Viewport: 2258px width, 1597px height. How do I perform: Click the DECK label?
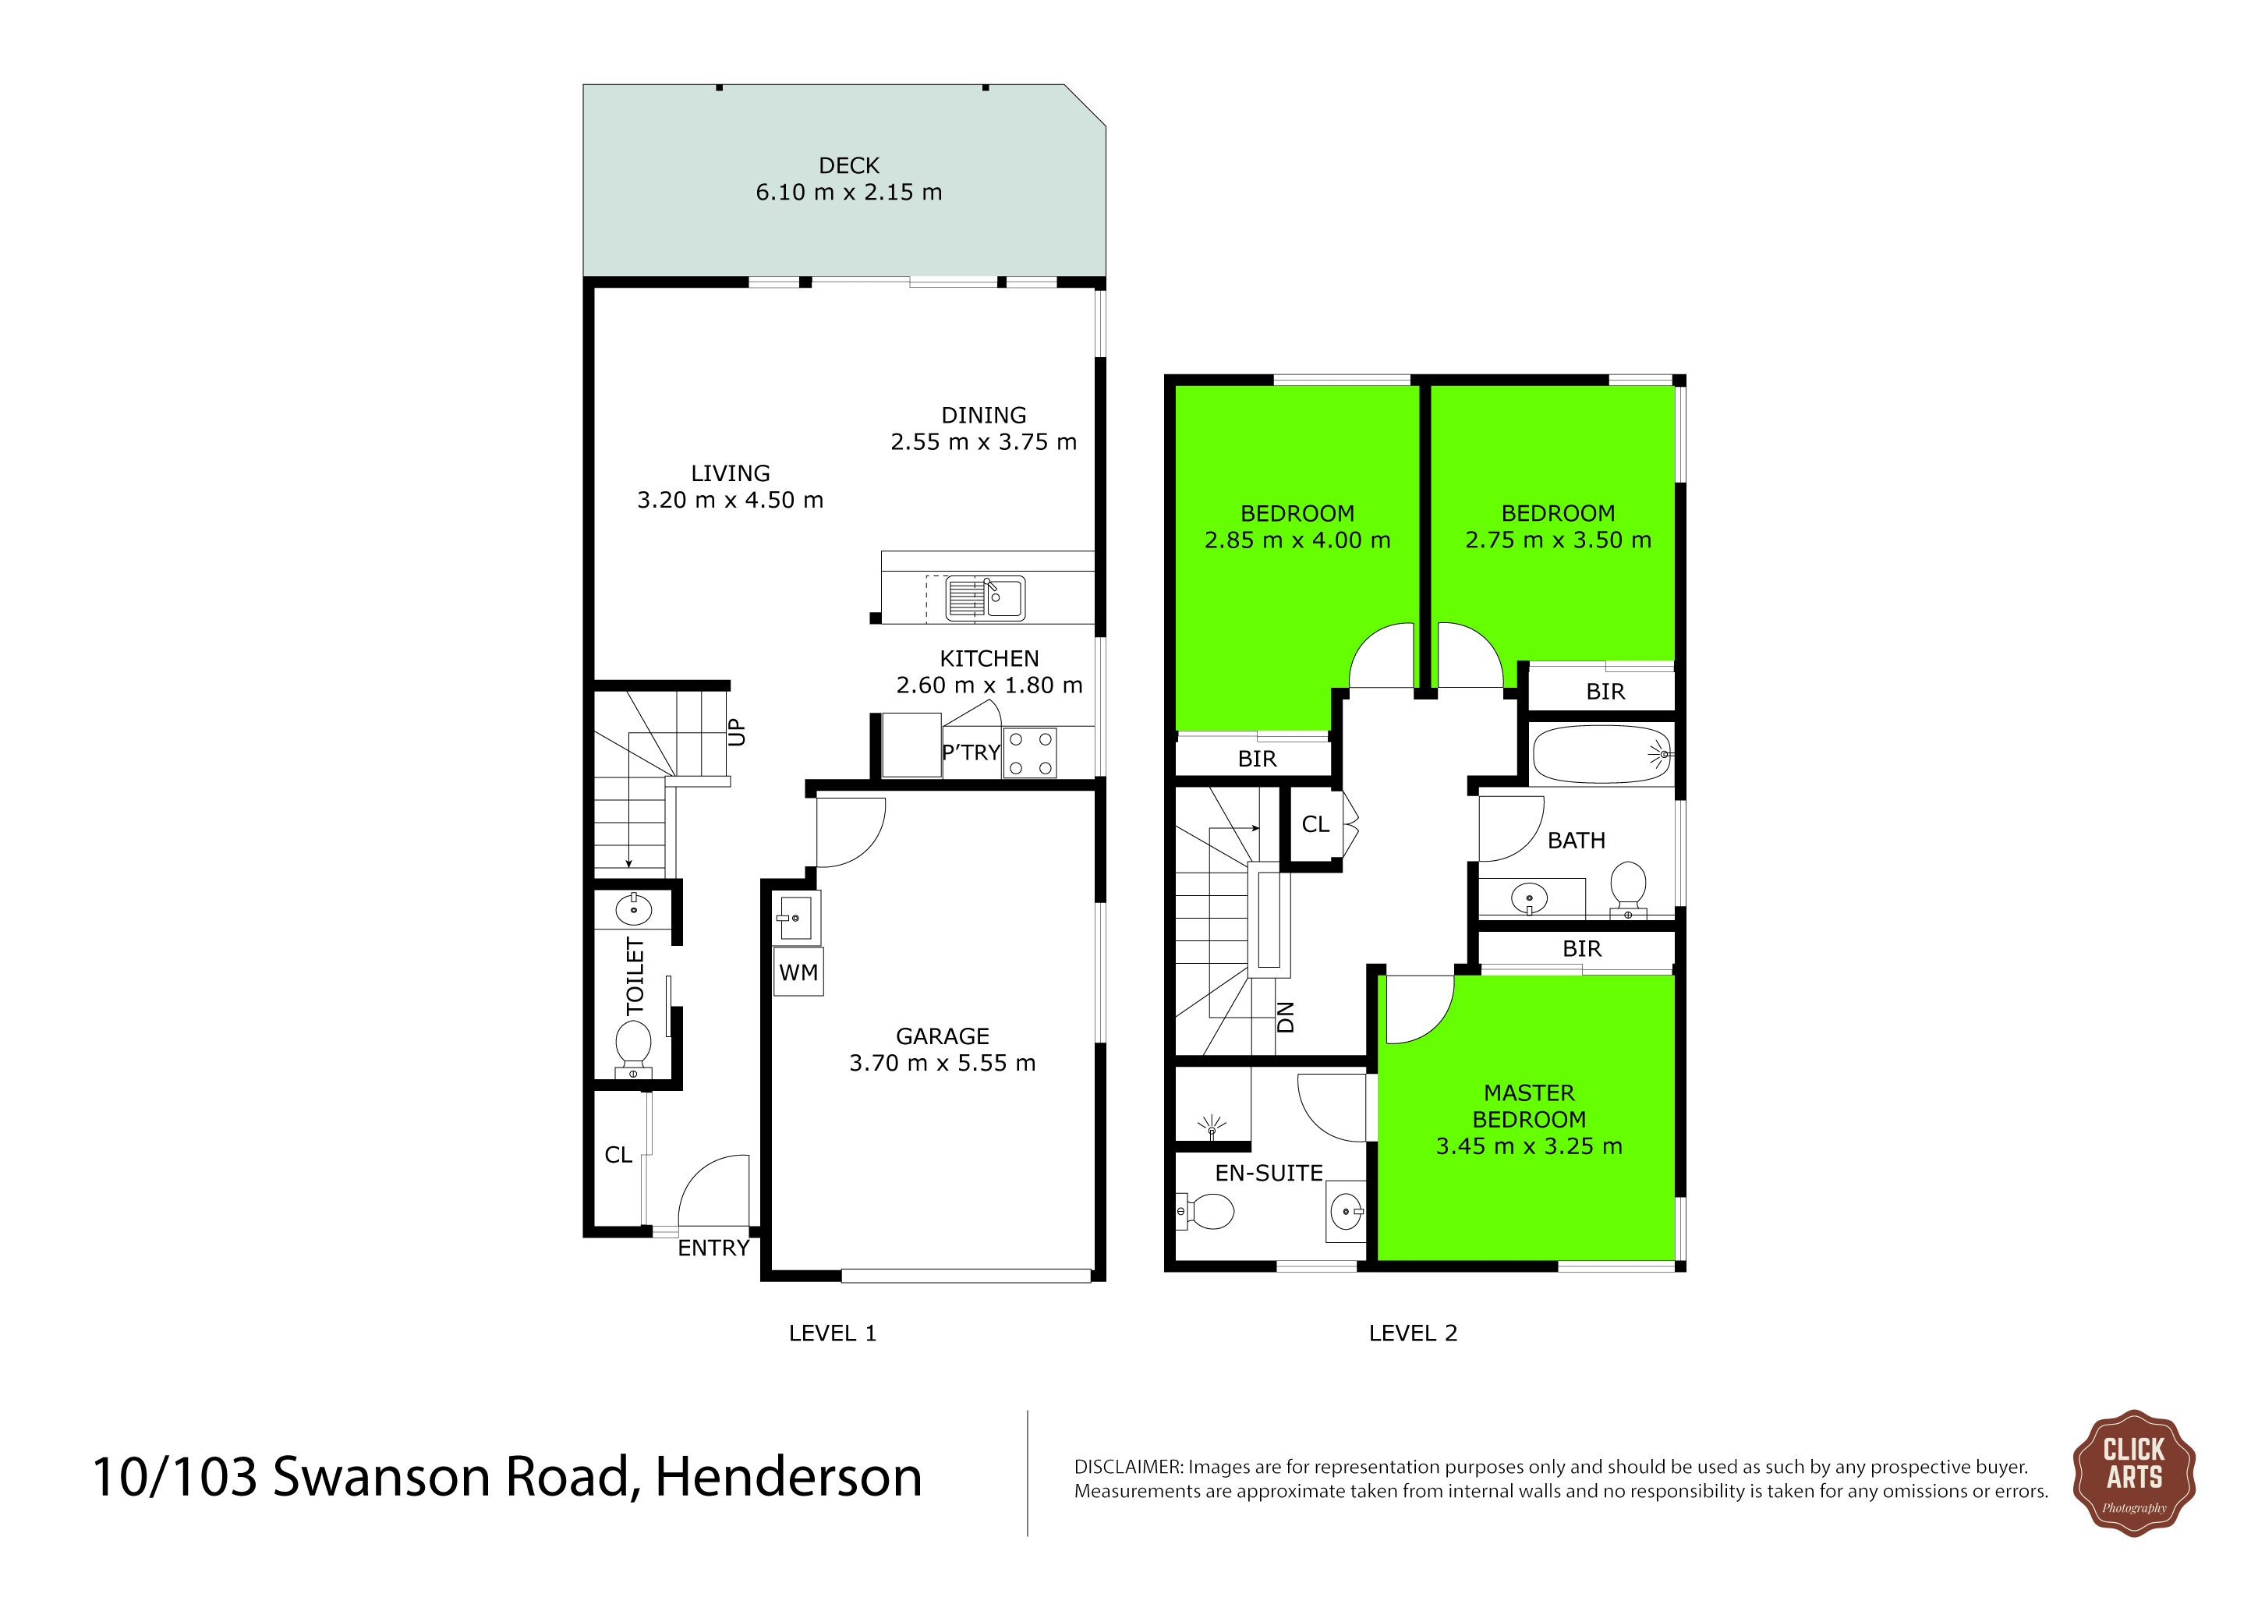click(849, 165)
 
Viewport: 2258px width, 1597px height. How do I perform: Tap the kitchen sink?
click(985, 598)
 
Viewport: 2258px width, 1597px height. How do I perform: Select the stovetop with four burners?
click(1030, 753)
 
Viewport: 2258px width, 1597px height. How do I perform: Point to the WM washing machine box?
click(798, 972)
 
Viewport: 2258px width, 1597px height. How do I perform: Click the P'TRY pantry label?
click(971, 752)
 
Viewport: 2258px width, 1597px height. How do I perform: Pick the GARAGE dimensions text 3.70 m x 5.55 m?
click(942, 1063)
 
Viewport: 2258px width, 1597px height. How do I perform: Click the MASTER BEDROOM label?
click(1529, 1107)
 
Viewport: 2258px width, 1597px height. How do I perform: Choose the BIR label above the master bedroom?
click(1582, 949)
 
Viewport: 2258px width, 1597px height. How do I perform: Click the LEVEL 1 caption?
click(832, 1333)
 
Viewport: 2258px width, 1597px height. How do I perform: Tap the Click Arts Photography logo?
click(2133, 1472)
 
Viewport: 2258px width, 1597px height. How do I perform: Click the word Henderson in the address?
click(789, 1477)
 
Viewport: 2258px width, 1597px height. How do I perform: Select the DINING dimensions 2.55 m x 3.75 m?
click(983, 442)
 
